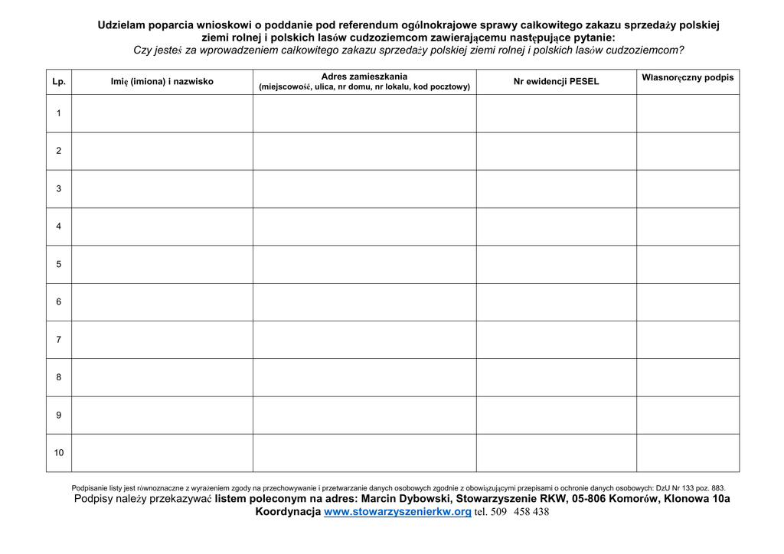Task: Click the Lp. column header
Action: tap(59, 81)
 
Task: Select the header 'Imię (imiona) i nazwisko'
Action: tap(162, 81)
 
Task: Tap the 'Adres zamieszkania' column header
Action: tap(364, 77)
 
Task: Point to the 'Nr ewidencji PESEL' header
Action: tap(556, 81)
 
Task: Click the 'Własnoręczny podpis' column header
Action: tap(688, 77)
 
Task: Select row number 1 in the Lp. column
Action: tap(59, 113)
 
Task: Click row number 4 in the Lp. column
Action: tap(59, 226)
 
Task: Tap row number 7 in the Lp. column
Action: tap(59, 339)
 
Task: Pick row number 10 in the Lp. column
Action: tap(59, 452)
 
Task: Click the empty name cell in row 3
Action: tap(162, 189)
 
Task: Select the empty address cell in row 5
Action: tap(364, 264)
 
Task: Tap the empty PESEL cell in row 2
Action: tap(556, 151)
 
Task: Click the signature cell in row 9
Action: tap(688, 415)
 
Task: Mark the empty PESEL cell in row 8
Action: tap(556, 377)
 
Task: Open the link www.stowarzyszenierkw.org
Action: tap(397, 512)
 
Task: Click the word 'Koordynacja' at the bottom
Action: tap(288, 512)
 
